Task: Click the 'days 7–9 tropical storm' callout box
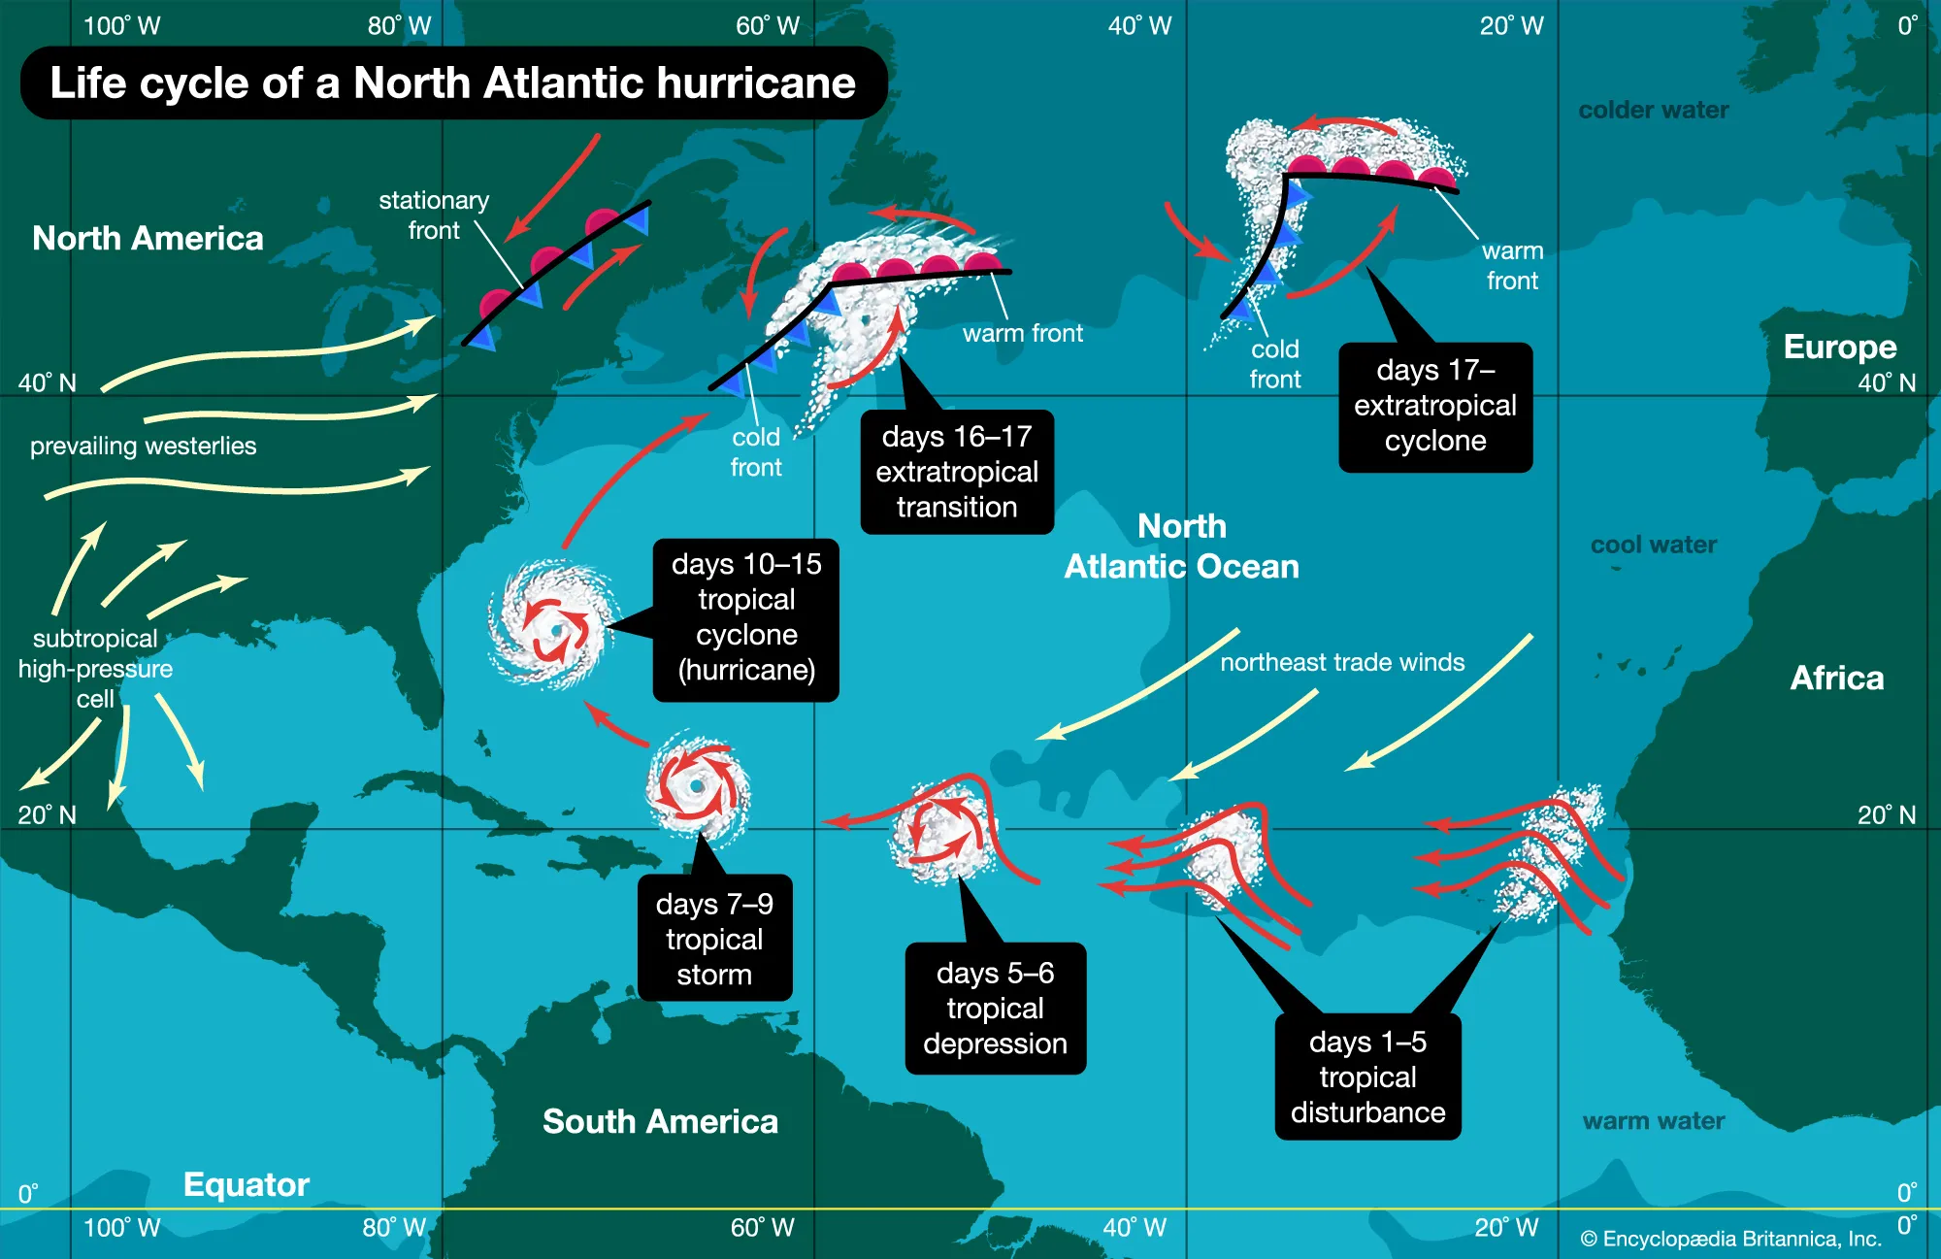(x=714, y=939)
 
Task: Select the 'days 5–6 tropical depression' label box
(x=995, y=1009)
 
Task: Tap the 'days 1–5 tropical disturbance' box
(x=1367, y=1077)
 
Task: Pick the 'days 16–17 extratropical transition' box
(x=957, y=472)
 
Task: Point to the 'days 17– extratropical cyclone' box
(x=1435, y=407)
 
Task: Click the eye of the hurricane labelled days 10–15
(x=556, y=631)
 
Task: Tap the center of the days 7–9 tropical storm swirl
(x=697, y=786)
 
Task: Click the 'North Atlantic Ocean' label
(x=1181, y=547)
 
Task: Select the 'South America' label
(x=660, y=1122)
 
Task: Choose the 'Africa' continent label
(x=1836, y=678)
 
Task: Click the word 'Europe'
(x=1839, y=347)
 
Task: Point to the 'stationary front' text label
(x=434, y=215)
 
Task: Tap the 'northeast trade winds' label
(x=1342, y=662)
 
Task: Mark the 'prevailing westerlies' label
(x=144, y=446)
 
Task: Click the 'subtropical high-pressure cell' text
(x=95, y=669)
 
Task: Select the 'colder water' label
(x=1653, y=110)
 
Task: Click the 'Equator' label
(x=247, y=1184)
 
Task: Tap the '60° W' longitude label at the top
(x=767, y=26)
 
